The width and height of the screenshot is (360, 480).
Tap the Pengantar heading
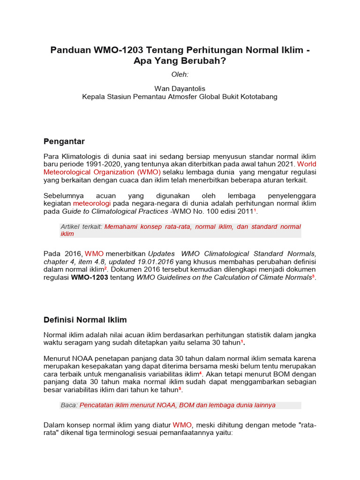pyautogui.click(x=64, y=141)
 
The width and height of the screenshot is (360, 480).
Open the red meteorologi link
pyautogui.click(x=91, y=203)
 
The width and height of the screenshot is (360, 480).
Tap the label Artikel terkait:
pyautogui.click(x=82, y=226)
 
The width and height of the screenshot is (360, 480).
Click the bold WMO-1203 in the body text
pyautogui.click(x=90, y=277)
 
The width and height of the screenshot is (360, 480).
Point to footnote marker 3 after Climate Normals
pyautogui.click(x=313, y=276)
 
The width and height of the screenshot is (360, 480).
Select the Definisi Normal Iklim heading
pyautogui.click(x=85, y=320)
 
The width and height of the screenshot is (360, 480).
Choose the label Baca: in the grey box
pyautogui.click(x=69, y=405)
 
